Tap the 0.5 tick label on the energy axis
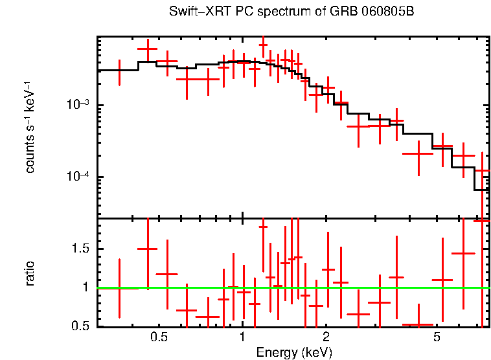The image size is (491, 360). point(159,337)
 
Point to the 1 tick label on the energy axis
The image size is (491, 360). point(242,337)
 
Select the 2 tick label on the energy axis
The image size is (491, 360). point(326,337)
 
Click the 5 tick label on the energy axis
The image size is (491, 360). point(437,337)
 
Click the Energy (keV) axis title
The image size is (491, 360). point(294,352)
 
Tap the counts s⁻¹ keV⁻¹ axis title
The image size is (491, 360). point(30,127)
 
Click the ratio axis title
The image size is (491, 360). point(30,273)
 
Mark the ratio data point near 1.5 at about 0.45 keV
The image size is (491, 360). point(148,249)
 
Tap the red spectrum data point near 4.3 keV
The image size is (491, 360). point(418,153)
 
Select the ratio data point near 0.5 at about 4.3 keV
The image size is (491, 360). point(418,324)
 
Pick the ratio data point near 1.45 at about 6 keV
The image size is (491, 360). point(463,253)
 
